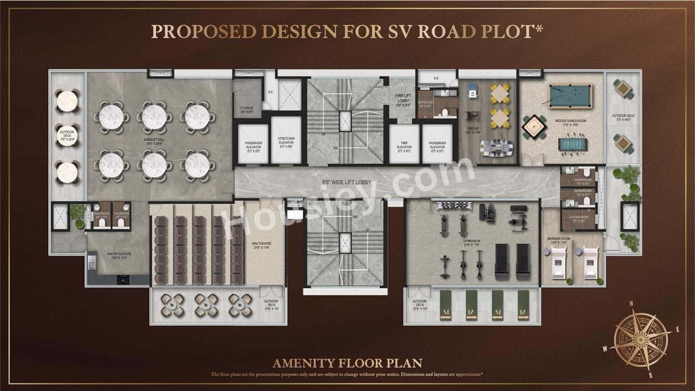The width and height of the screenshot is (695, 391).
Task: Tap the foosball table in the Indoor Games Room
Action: coord(573,144)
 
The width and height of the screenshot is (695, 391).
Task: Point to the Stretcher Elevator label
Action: coord(286,144)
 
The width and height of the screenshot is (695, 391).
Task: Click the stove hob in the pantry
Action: coord(123,280)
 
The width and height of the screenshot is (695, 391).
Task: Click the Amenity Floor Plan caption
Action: coord(347,362)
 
